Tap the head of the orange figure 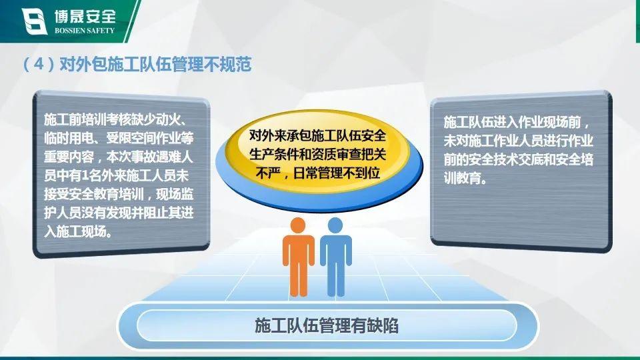point(298,226)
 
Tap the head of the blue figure point(335,226)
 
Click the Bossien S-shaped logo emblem point(34,21)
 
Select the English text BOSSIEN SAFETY point(85,31)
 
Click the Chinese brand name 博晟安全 point(85,16)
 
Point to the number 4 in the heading point(39,65)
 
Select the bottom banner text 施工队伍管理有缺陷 point(327,326)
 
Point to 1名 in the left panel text point(88,176)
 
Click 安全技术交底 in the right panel point(506,159)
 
